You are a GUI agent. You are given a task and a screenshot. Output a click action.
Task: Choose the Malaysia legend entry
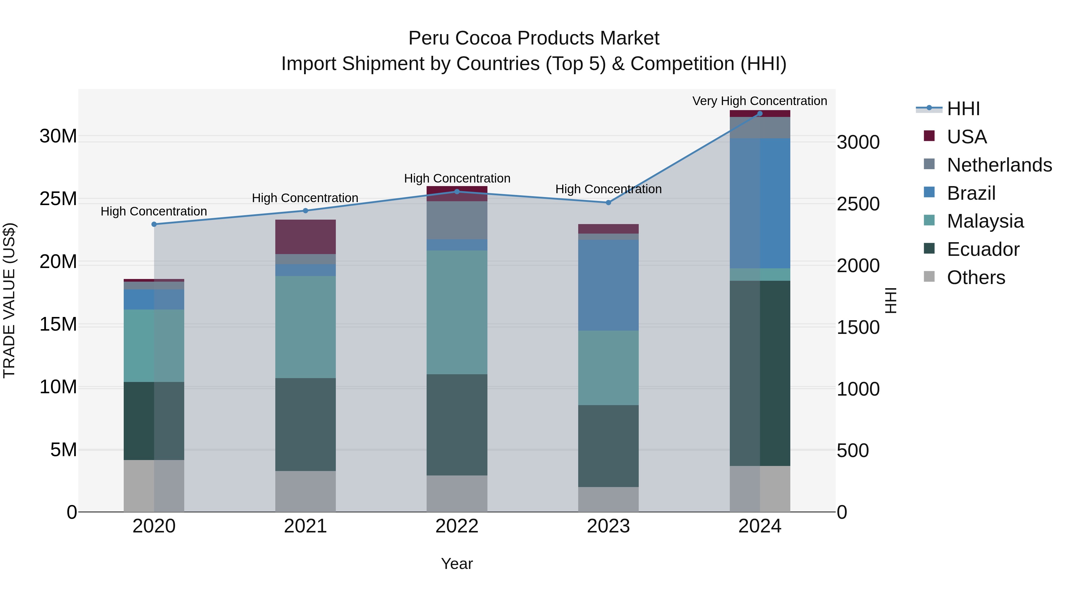coord(985,221)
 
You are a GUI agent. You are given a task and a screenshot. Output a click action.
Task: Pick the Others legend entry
coord(975,277)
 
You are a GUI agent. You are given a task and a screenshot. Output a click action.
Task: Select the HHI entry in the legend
coord(963,109)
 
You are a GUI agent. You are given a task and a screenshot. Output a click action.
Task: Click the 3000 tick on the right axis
coord(858,142)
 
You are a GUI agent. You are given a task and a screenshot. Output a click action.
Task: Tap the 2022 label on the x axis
coord(457,526)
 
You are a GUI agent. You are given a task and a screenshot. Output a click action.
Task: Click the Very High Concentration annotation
coord(759,101)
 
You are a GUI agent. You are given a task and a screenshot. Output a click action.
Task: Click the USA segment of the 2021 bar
coord(305,237)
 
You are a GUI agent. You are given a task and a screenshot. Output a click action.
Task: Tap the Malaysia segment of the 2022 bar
coord(457,312)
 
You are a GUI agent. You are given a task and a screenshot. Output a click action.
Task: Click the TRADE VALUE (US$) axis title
coord(9,300)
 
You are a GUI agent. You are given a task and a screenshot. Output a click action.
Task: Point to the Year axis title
coord(457,564)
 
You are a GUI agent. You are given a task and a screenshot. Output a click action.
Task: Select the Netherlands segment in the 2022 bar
coord(457,220)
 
